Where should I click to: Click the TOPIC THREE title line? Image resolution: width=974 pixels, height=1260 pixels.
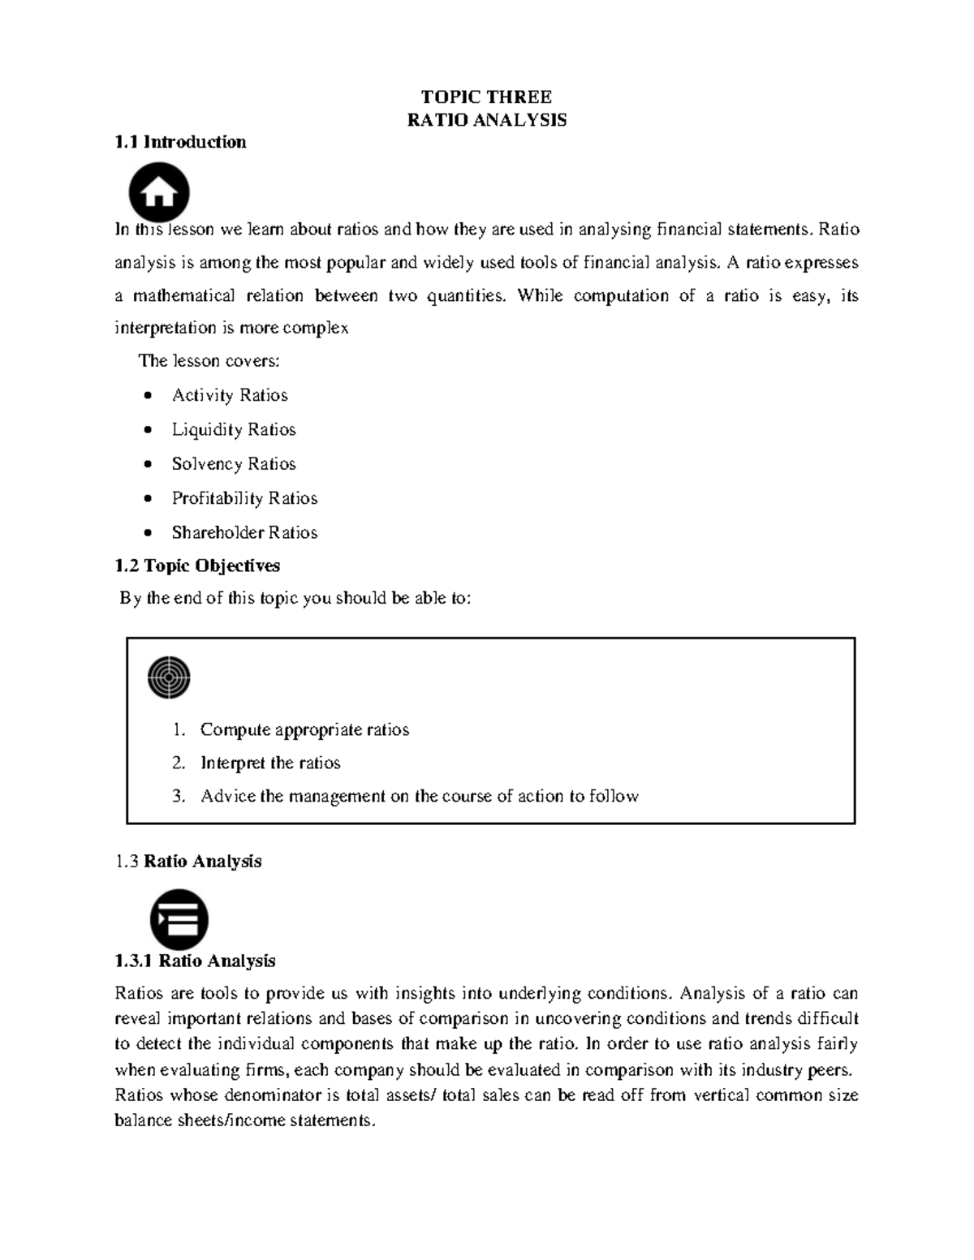pos(485,97)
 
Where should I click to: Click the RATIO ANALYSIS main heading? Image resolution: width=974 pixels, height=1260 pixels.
pos(486,120)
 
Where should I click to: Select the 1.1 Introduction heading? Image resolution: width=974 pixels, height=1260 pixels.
pos(180,142)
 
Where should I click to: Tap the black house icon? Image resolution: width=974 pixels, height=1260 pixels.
pos(159,193)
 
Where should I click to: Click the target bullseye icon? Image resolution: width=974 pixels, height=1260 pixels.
pos(169,677)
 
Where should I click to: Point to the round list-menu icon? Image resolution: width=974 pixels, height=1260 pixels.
pos(179,920)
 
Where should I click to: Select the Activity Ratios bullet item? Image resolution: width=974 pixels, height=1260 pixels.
pos(230,395)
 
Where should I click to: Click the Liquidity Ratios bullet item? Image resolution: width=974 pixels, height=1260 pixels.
pos(234,429)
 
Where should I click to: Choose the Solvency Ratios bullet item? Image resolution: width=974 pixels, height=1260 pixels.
pos(234,464)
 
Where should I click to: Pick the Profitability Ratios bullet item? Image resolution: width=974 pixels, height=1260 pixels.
pos(244,498)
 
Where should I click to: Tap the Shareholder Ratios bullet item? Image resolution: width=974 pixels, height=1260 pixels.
pos(244,532)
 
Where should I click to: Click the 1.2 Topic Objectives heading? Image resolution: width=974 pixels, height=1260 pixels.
pos(197,565)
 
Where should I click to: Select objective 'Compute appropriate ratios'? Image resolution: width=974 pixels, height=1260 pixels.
pos(304,729)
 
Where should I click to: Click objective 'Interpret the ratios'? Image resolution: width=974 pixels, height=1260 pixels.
pos(270,763)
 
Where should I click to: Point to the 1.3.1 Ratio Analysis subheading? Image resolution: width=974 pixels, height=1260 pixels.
pos(195,961)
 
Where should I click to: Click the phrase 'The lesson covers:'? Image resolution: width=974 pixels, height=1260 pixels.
pos(209,361)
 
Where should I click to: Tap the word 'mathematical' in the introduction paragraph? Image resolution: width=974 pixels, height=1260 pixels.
pos(184,295)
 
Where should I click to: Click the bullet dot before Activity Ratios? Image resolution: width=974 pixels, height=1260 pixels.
pos(147,396)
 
